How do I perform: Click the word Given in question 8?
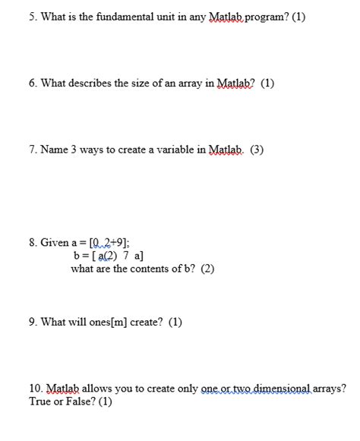coord(54,244)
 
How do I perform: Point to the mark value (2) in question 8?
coord(207,269)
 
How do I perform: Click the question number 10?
coord(36,389)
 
